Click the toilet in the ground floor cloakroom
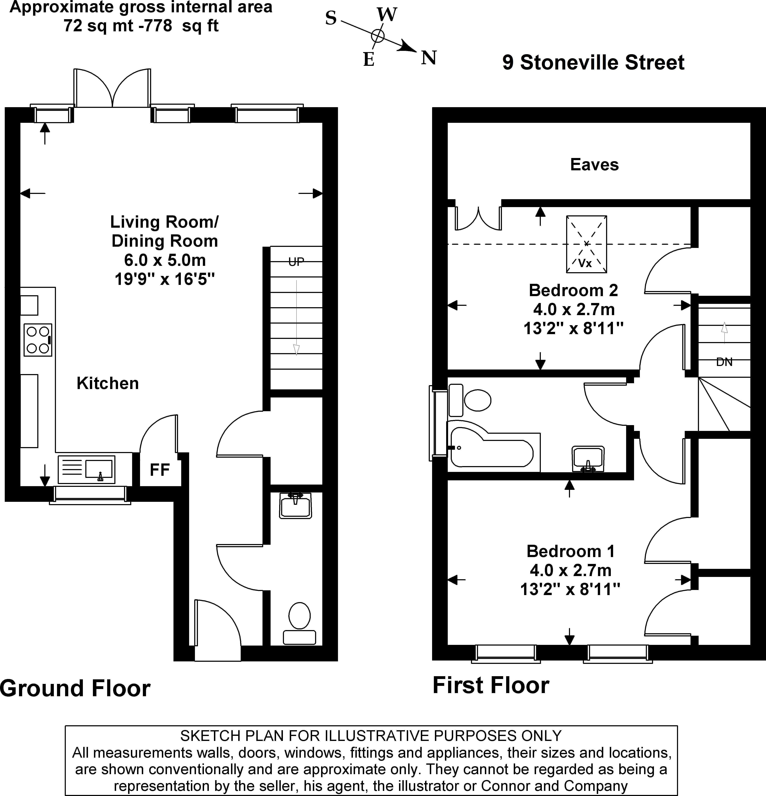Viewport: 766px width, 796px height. tap(299, 623)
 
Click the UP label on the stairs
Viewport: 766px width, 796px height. tap(296, 262)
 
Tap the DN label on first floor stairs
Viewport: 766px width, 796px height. tap(724, 362)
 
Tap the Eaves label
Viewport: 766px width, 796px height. tap(594, 165)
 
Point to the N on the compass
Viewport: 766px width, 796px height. tap(429, 58)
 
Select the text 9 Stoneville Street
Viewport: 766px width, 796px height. tap(593, 62)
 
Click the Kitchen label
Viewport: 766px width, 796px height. tap(108, 383)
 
